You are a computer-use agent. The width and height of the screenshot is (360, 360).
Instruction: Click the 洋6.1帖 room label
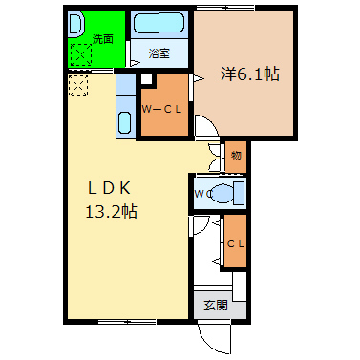coord(251,73)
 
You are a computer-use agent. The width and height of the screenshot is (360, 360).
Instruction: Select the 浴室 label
coord(159,53)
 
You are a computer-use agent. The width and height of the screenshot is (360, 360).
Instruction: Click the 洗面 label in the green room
coord(103,39)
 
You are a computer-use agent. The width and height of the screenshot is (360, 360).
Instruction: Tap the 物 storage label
coord(235,155)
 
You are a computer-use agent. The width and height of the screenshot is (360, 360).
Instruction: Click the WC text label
coord(201,195)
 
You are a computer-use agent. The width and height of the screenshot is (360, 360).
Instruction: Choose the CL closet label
coord(235,243)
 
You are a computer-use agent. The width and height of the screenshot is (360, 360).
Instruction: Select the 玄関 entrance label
coord(216,306)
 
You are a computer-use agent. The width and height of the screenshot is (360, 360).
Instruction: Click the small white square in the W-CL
coord(146,80)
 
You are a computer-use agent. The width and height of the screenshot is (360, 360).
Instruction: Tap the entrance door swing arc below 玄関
coord(211,335)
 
